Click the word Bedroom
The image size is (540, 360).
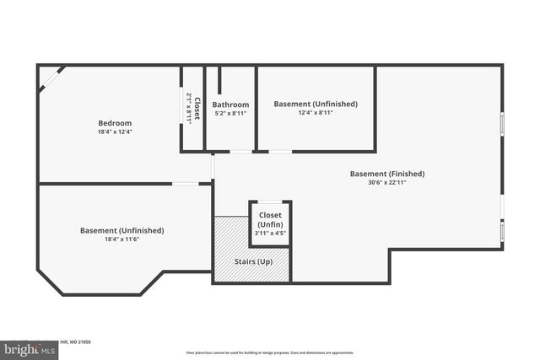point(115,123)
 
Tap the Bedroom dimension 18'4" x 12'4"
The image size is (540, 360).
point(115,132)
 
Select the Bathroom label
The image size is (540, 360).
point(230,105)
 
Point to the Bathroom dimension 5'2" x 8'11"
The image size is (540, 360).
point(230,113)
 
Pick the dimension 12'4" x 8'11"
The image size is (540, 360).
point(316,112)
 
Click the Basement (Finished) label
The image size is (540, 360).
point(387,174)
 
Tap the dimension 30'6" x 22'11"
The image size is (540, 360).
point(387,183)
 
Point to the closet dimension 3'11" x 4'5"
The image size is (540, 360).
point(270,234)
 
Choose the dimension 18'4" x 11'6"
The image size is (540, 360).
point(121,239)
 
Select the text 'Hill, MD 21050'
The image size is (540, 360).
point(74,342)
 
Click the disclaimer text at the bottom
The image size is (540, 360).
point(269,352)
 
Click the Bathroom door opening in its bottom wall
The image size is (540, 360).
point(241,152)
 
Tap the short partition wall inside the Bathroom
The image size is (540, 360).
point(219,80)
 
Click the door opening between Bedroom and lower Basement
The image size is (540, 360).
point(186,183)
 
